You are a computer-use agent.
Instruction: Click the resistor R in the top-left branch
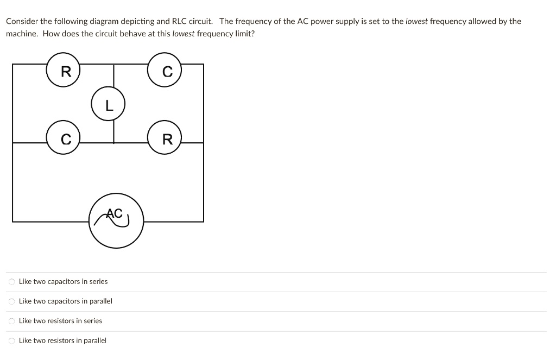click(x=63, y=71)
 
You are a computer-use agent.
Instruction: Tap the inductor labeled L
click(x=109, y=105)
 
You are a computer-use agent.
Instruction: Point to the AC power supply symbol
click(x=116, y=220)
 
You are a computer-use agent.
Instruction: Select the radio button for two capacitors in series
click(x=11, y=282)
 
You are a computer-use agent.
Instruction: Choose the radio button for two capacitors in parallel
click(x=11, y=301)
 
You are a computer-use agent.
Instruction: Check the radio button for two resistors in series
click(x=11, y=321)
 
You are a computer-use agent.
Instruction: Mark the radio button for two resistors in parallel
click(x=11, y=340)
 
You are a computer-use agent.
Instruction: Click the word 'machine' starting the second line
click(x=21, y=34)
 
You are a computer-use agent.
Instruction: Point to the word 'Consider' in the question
click(x=21, y=22)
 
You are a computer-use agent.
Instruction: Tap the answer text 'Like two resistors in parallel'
click(x=62, y=340)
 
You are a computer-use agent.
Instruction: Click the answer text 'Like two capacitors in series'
click(x=63, y=282)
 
